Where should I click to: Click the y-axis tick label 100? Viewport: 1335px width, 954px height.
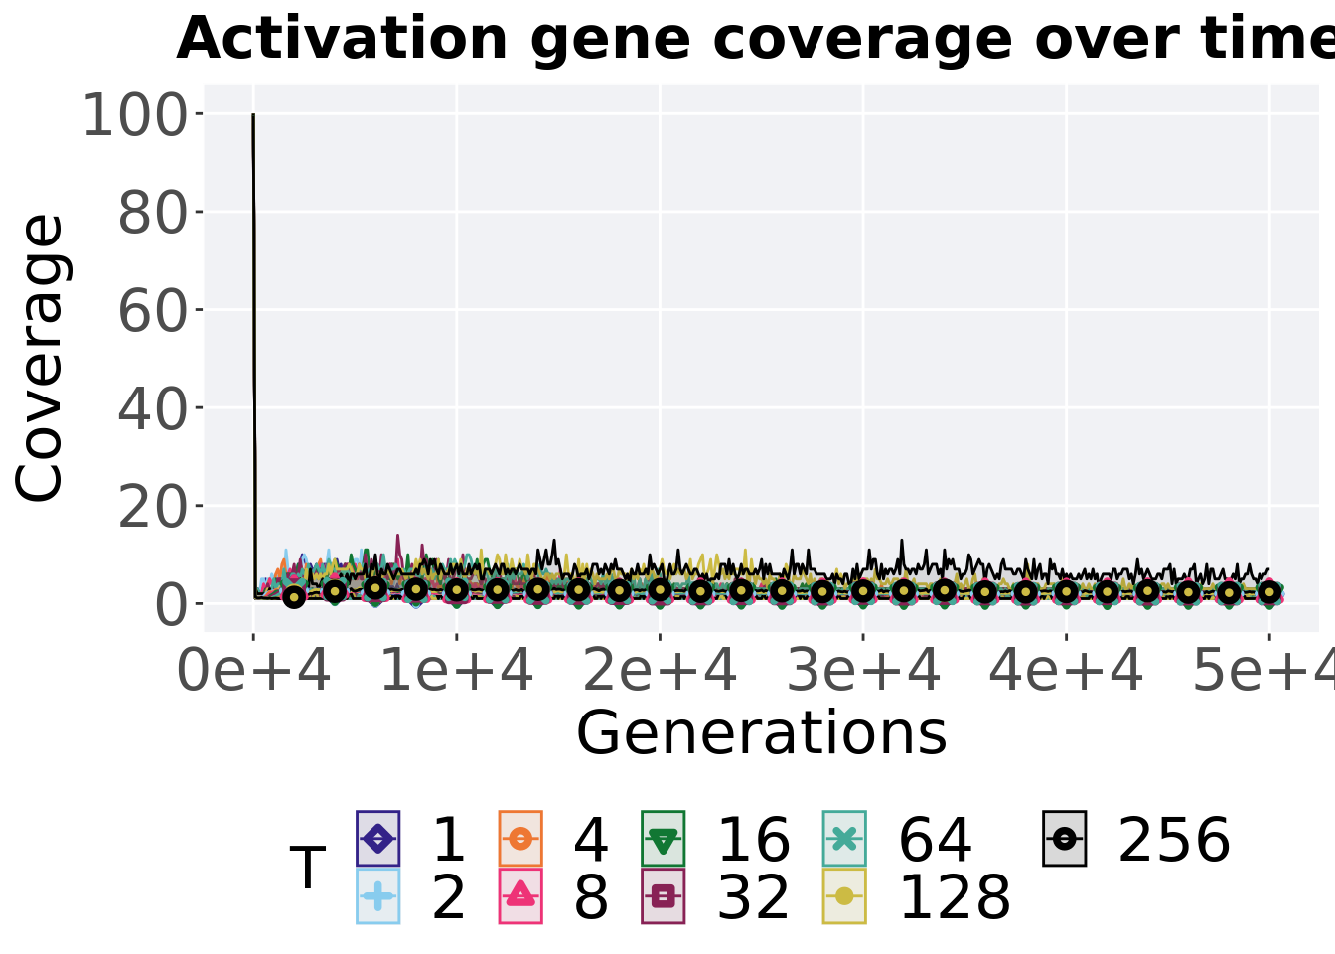tap(135, 115)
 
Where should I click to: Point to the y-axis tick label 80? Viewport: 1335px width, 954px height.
tap(153, 213)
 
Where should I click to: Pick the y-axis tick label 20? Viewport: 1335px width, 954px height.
tap(153, 507)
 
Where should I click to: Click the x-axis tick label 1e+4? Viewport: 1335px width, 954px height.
tap(457, 671)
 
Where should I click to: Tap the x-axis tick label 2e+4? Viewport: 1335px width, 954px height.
tap(660, 671)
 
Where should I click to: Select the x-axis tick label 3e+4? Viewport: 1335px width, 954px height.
tap(863, 671)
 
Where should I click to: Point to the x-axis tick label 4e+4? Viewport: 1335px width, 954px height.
tap(1066, 671)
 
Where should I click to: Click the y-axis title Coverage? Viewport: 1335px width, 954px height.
tap(40, 358)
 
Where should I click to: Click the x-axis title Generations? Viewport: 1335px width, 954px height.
tap(762, 733)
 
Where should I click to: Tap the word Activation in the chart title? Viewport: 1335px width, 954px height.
tap(342, 38)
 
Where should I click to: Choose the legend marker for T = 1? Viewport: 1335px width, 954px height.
tap(377, 839)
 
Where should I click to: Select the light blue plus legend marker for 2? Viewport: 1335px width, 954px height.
tap(377, 896)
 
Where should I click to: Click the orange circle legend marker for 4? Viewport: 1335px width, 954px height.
tap(520, 839)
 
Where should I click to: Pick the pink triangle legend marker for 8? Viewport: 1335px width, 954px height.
tap(520, 895)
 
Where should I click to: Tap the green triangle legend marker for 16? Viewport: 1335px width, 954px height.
tap(663, 840)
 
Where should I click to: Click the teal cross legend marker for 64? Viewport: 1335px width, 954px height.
tap(844, 839)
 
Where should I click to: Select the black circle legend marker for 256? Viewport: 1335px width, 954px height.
tap(1065, 839)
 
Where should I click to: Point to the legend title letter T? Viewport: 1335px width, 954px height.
tap(308, 868)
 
